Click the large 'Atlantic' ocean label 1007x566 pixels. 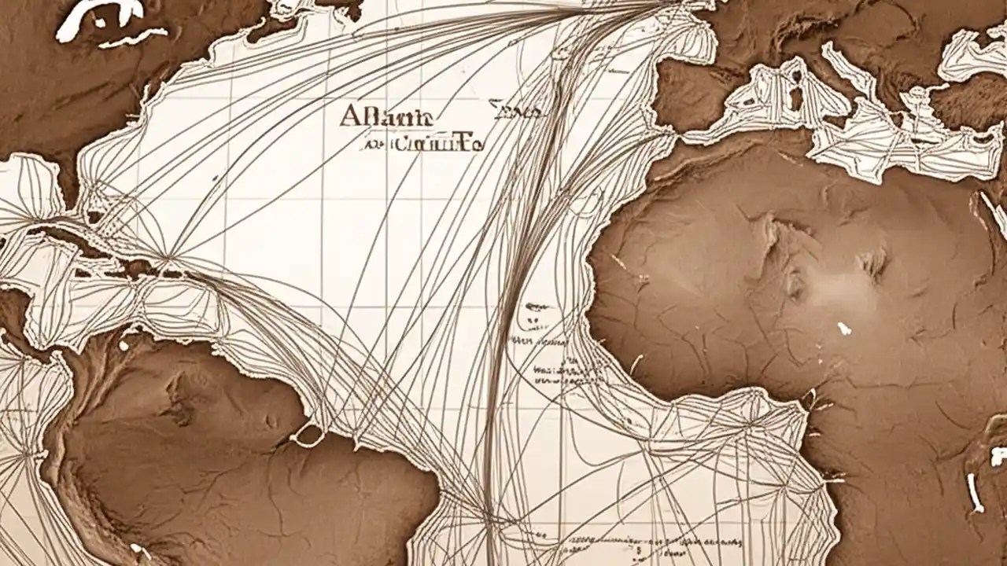tap(386, 116)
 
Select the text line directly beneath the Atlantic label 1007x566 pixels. tap(422, 144)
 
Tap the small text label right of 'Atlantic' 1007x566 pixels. tap(515, 112)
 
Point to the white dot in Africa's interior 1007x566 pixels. tap(844, 327)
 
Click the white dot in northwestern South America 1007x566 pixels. tap(124, 344)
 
